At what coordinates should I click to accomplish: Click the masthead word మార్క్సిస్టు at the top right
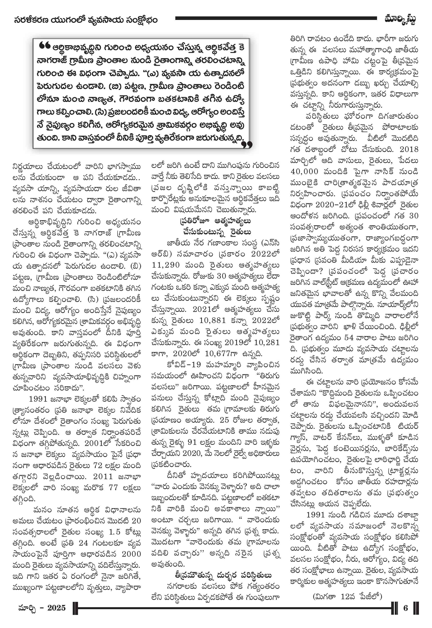pyautogui.click(x=400, y=20)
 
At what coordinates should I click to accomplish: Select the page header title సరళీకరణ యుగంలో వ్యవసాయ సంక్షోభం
pyautogui.click(x=86, y=20)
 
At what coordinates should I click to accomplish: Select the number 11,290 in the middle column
pyautogui.click(x=166, y=265)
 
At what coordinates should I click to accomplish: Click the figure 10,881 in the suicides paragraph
pyautogui.click(x=213, y=321)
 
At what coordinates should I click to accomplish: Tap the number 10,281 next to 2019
pyautogui.click(x=267, y=343)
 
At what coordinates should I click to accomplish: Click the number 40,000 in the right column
pyautogui.click(x=304, y=171)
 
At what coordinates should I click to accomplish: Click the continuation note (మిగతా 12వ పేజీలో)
pyautogui.click(x=347, y=596)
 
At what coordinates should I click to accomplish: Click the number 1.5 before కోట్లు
pyautogui.click(x=115, y=532)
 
